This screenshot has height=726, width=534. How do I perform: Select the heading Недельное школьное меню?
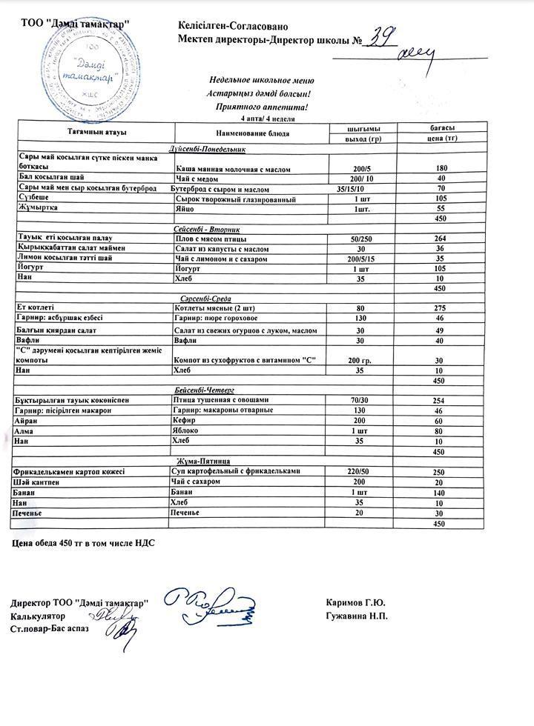262,81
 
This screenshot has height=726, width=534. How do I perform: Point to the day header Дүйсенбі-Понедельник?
207,149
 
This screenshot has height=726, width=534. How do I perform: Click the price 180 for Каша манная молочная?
441,169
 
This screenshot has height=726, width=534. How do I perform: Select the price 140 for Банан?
439,492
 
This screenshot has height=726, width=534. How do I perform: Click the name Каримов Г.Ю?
355,602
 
